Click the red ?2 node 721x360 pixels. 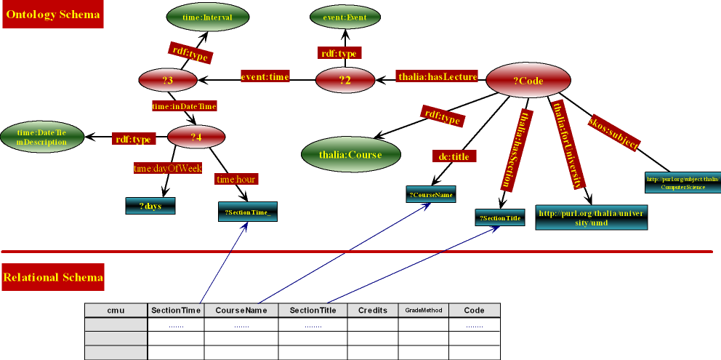click(345, 80)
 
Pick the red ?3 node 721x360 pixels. click(169, 80)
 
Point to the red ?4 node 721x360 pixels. click(196, 136)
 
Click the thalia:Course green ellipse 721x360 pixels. click(351, 153)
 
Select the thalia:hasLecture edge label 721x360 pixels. click(437, 76)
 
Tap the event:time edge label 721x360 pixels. click(265, 76)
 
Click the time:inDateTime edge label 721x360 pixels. click(184, 106)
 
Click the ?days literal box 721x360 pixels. click(151, 206)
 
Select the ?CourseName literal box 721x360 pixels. click(431, 194)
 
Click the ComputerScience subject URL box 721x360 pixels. click(682, 182)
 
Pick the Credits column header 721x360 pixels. click(373, 311)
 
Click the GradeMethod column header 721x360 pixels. click(423, 311)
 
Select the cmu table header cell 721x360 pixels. click(116, 311)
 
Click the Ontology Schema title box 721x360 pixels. click(53, 15)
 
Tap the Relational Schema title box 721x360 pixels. click(53, 278)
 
